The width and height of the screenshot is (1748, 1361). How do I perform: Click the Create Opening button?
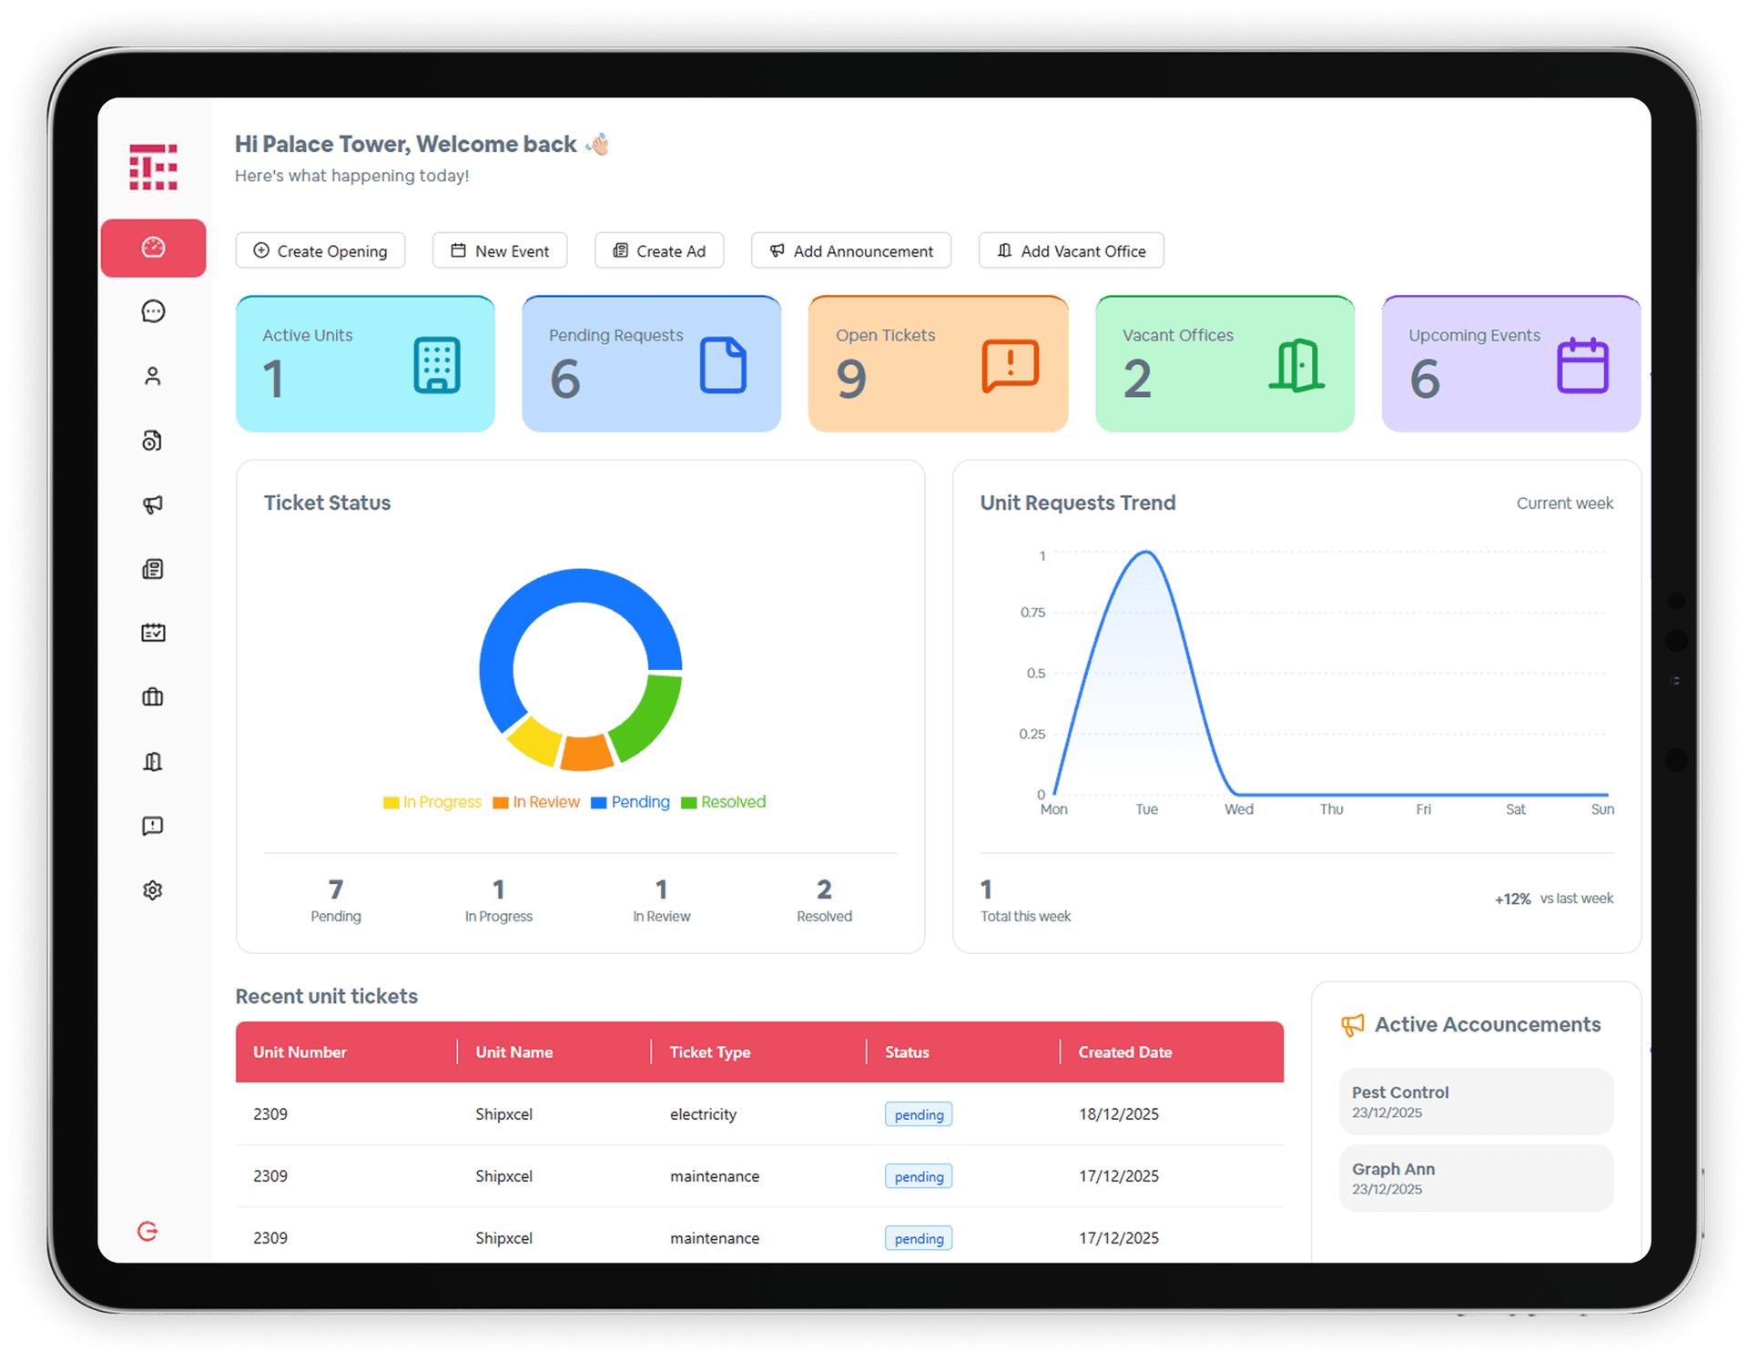[x=320, y=251]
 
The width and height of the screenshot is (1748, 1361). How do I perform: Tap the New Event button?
[x=500, y=251]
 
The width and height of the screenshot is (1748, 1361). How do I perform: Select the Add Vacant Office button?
[x=1071, y=251]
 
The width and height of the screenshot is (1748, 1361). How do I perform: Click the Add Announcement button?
[x=851, y=251]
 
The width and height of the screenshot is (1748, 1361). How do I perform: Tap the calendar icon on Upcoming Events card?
[x=1582, y=366]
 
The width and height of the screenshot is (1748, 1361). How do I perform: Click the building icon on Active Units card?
[x=437, y=366]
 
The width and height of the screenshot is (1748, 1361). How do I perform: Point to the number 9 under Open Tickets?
[x=851, y=380]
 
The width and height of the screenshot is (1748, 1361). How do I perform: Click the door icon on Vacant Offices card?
[x=1296, y=366]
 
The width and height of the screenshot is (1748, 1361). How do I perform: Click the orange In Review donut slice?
[x=585, y=752]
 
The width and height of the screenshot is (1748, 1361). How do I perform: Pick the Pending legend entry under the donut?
[x=631, y=802]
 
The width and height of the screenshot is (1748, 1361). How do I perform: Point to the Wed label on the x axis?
[x=1238, y=809]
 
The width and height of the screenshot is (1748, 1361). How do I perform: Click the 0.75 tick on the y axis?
[x=1032, y=613]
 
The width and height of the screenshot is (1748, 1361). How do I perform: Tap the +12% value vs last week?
[x=1512, y=899]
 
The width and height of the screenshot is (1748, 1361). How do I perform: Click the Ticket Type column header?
[x=710, y=1052]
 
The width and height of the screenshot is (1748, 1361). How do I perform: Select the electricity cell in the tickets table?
[x=703, y=1114]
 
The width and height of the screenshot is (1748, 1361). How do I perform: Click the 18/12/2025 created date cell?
[x=1118, y=1114]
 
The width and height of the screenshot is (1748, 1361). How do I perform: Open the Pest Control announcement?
[x=1475, y=1102]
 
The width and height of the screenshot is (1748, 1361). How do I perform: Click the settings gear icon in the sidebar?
[x=153, y=890]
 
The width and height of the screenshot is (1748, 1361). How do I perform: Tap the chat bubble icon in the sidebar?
[x=153, y=311]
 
